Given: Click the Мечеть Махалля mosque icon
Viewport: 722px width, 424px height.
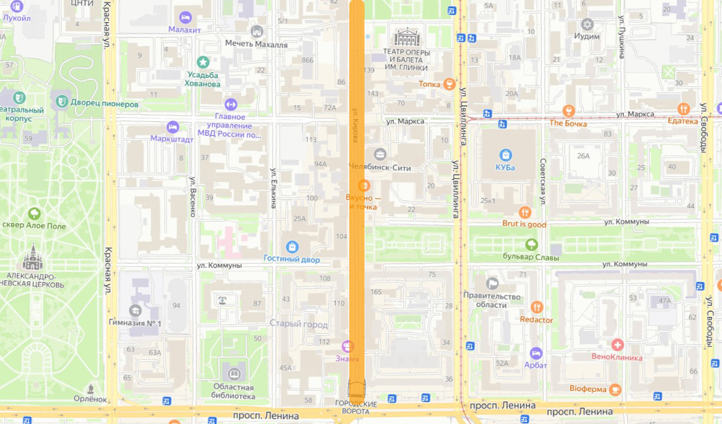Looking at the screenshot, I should coord(257,31).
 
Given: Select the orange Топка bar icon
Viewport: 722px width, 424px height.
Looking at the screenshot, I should coord(449,84).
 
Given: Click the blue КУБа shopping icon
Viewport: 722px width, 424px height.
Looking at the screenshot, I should coord(506,154).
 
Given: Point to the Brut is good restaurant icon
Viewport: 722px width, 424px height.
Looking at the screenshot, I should coord(524,212).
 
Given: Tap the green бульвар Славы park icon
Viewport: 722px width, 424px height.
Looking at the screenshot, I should coord(531,245).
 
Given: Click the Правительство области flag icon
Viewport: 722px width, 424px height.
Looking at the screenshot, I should coord(493,283).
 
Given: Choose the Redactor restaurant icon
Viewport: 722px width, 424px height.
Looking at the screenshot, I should coord(537,307).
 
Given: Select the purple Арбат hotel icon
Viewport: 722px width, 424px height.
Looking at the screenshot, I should coord(536,352).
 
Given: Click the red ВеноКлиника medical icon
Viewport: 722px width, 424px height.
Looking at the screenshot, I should coord(617,344).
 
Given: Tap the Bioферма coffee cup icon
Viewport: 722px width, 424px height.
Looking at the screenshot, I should coord(614,388).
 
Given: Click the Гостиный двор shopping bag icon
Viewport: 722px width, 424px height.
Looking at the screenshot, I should coord(292,246).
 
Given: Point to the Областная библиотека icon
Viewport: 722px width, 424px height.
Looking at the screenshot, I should coord(234,374).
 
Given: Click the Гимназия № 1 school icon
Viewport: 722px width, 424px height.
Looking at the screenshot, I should coord(135,311).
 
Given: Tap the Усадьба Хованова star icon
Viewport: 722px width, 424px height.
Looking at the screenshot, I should coord(203,62).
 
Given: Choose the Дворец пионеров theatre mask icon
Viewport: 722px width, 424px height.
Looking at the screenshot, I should coord(61,100).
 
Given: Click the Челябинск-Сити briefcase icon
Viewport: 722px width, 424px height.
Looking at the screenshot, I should coord(380,154).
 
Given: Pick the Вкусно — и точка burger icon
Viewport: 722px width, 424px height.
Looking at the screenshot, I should coord(364,185).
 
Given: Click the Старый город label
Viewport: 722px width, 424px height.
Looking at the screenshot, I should coord(299,324).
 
